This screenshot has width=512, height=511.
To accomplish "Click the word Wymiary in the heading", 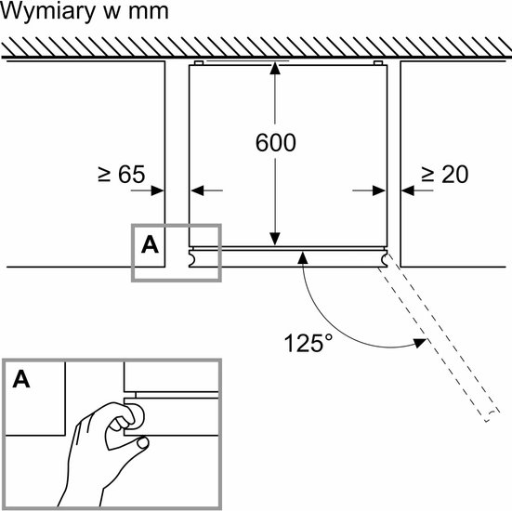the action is pos(47,12).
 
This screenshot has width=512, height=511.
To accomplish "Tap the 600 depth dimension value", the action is pos(276,143).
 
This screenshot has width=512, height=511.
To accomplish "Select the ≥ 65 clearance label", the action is pos(122,174).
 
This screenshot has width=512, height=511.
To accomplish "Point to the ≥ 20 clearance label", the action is pos(445,174).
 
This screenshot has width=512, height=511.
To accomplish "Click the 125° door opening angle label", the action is pos(309,343).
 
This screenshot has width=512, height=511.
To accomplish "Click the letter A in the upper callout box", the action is pos(150,245).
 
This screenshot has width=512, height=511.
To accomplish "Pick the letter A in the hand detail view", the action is pos(21,379).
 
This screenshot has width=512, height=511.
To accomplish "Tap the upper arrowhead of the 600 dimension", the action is pos(275,68).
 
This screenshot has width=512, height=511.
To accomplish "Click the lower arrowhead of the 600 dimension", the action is pos(275,240).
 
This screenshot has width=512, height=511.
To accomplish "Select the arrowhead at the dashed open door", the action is pos(421,342).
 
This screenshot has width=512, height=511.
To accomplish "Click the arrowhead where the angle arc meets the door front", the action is pos(303,258).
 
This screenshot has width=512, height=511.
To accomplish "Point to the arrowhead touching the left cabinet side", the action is pos(158,190).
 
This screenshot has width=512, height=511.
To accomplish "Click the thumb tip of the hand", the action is pos(143,442).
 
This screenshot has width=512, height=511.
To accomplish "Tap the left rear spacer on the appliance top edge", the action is pos(199,62).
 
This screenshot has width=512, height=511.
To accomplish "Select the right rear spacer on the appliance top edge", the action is pos(378,62).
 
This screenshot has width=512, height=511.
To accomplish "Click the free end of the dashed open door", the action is pos(492,416).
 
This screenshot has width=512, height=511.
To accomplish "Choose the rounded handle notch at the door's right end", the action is pos(384,258).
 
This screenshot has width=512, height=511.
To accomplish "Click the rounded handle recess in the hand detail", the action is pos(138,414).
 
